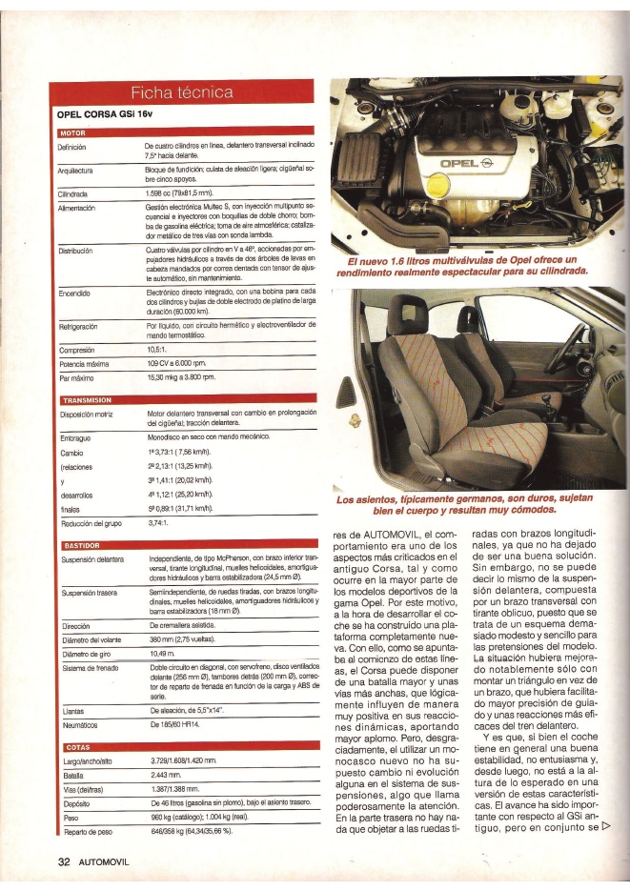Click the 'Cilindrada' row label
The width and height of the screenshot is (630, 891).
click(72, 192)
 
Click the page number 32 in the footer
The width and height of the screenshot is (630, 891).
click(65, 861)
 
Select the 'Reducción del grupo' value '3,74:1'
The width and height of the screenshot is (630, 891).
click(160, 523)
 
